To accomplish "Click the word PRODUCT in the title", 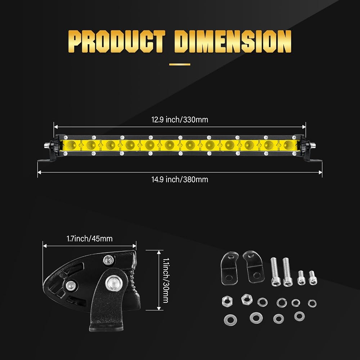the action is pos(117,41).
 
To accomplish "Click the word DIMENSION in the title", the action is pos(233,41).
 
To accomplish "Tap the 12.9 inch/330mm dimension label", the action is pos(180,120).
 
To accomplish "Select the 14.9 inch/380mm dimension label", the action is pos(180,179).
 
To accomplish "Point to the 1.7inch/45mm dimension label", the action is pos(90,239).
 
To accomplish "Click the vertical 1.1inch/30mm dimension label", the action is pos(166,280).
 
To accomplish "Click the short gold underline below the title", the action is pos(180,64).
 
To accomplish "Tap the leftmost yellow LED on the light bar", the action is pos(71,145).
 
